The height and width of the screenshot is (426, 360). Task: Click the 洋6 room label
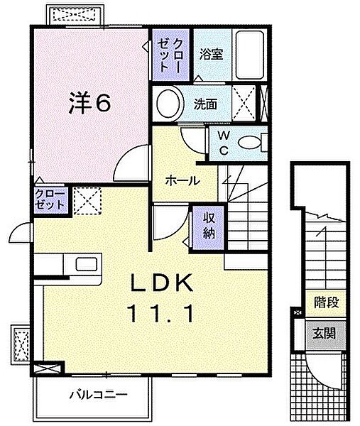click(x=89, y=103)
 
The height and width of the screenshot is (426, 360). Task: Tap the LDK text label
click(x=162, y=283)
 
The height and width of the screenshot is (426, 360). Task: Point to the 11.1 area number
click(x=162, y=313)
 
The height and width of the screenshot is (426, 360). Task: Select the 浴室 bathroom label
click(x=211, y=54)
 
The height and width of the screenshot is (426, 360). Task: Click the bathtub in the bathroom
click(x=250, y=55)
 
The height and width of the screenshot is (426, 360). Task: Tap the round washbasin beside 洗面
click(x=168, y=104)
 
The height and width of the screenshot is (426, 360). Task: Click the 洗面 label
click(x=205, y=104)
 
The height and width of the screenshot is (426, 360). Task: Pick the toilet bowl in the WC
click(x=249, y=143)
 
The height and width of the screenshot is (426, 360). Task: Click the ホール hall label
click(x=182, y=180)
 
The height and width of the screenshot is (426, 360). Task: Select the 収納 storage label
click(x=209, y=226)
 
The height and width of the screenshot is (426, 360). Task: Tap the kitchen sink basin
click(x=87, y=264)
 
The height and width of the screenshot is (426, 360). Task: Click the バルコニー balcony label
click(x=99, y=395)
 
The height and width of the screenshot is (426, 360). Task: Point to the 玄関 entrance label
click(x=324, y=334)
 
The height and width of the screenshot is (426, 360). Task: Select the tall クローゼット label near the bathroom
click(x=170, y=55)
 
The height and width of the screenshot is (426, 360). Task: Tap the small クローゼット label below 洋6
click(x=50, y=200)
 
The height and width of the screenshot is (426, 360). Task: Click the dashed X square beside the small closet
click(x=87, y=201)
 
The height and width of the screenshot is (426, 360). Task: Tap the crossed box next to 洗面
click(x=244, y=103)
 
